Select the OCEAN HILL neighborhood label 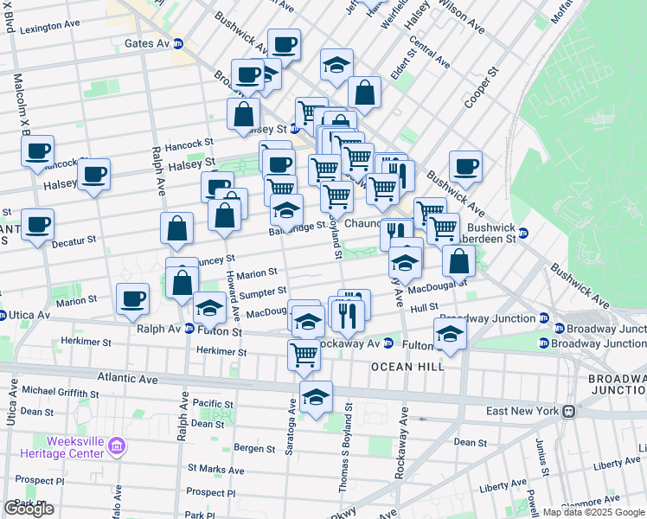coord(407,367)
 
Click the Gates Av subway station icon coord(178,43)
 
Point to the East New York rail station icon coord(570,411)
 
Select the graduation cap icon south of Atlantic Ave coord(317,397)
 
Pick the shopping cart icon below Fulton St coord(304,353)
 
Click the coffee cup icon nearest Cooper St coord(465,166)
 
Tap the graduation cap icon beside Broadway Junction coord(450,335)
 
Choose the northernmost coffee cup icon coord(283,44)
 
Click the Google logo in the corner coord(29,509)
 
